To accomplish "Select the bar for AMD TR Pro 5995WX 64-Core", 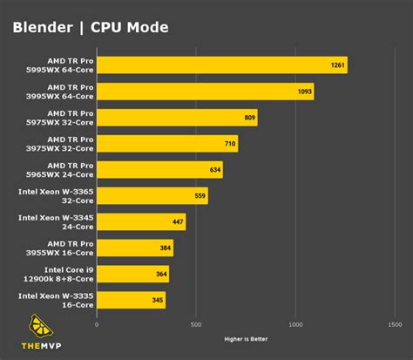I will pyautogui.click(x=221, y=65).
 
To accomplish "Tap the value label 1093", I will pyautogui.click(x=302, y=92).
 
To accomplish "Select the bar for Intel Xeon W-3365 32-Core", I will pyautogui.click(x=152, y=196).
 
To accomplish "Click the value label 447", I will pyautogui.click(x=177, y=222).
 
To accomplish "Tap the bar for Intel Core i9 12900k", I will pyautogui.click(x=132, y=275).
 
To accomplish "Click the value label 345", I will pyautogui.click(x=156, y=301).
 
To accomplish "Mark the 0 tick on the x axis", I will pyautogui.click(x=97, y=324).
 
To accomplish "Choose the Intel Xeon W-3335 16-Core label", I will pyautogui.click(x=57, y=301).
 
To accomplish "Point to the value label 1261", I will pyautogui.click(x=335, y=65).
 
